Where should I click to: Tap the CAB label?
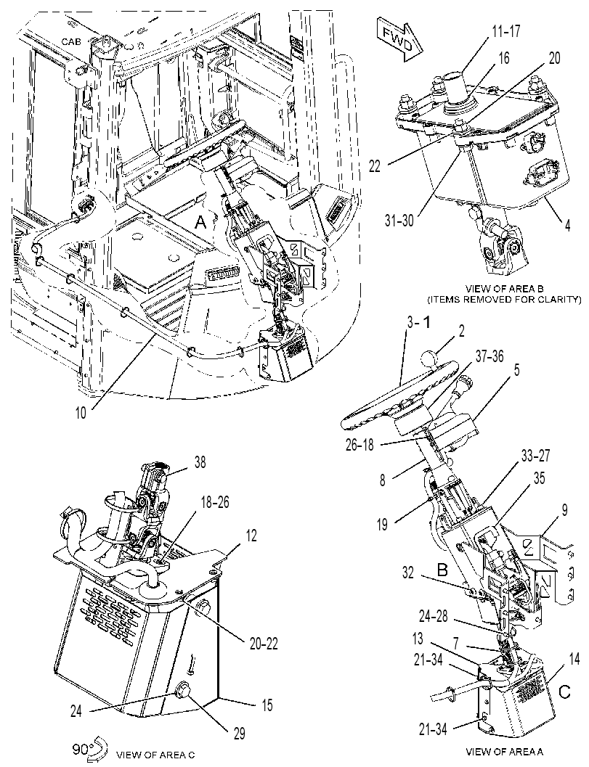72,42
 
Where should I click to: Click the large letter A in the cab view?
200,223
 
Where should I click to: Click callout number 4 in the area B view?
567,226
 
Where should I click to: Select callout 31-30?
399,221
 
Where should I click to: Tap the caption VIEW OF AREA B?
505,288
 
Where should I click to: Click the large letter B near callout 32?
443,570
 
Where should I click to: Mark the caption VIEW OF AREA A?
505,751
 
